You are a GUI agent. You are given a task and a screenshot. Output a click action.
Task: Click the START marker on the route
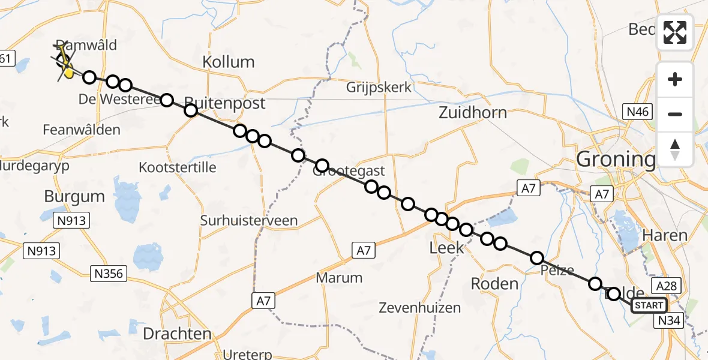click(649, 305)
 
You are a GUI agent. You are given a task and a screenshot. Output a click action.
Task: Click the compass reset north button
click(675, 148)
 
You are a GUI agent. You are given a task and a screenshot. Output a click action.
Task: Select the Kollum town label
click(228, 62)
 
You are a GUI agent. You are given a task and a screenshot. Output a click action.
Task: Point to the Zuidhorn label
click(472, 112)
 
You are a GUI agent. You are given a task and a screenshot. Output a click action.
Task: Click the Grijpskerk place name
click(379, 88)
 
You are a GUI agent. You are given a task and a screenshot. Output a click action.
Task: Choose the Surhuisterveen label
click(249, 221)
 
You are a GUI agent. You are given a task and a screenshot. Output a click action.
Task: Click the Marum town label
click(340, 278)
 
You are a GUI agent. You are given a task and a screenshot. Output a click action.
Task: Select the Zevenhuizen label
click(420, 308)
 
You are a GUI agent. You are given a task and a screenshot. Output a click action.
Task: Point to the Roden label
click(494, 283)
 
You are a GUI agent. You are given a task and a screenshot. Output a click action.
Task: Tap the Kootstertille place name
click(177, 167)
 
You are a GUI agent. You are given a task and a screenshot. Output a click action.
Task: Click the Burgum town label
click(74, 196)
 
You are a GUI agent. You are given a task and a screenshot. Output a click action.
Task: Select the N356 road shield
click(109, 274)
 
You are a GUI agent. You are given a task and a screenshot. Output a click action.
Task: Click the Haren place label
click(665, 235)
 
